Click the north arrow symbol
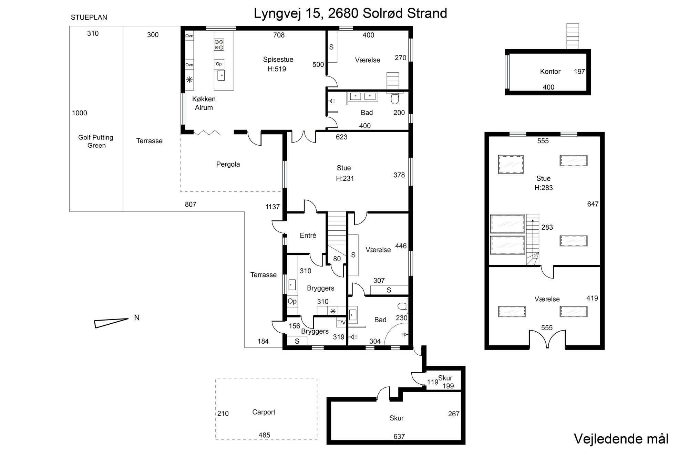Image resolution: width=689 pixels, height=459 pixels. point(111,323)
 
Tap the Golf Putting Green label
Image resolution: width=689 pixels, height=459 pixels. point(96,141)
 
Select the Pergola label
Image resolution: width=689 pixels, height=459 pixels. point(228,164)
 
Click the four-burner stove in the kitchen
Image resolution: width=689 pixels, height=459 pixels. point(219,45)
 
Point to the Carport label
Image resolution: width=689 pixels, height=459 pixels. point(264,412)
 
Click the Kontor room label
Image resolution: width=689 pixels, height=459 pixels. point(550,72)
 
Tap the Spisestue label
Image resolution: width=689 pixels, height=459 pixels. point(278,59)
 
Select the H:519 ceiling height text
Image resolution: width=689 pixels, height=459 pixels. point(277,69)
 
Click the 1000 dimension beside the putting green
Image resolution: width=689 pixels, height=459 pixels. point(80,113)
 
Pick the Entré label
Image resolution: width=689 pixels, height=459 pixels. point(308,236)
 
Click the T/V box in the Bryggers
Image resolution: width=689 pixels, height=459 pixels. point(341,322)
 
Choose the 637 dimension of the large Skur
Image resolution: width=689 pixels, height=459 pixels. point(399,436)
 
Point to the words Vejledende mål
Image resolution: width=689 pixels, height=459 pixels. point(621,439)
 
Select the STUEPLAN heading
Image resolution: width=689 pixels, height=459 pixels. point(89,18)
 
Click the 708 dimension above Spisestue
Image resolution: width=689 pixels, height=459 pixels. point(279,35)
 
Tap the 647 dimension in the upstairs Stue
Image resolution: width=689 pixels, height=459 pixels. point(593,204)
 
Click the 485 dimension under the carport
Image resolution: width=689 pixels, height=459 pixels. point(265,435)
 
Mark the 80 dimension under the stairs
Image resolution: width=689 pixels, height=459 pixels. point(337,259)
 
